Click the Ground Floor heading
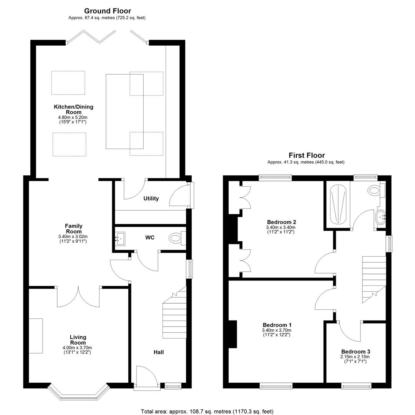[x=108, y=11]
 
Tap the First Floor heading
[x=307, y=155]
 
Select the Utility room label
[x=151, y=199]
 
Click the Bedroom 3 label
[x=355, y=352]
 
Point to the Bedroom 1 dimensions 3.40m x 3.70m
[x=277, y=330]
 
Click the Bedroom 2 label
[x=281, y=222]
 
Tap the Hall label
[x=159, y=352]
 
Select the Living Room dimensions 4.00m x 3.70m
[x=77, y=348]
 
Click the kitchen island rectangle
[x=124, y=111]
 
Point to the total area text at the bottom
[x=207, y=412]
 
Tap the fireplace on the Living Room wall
[x=36, y=335]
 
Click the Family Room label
[x=73, y=228]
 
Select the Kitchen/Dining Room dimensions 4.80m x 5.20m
[x=73, y=117]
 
